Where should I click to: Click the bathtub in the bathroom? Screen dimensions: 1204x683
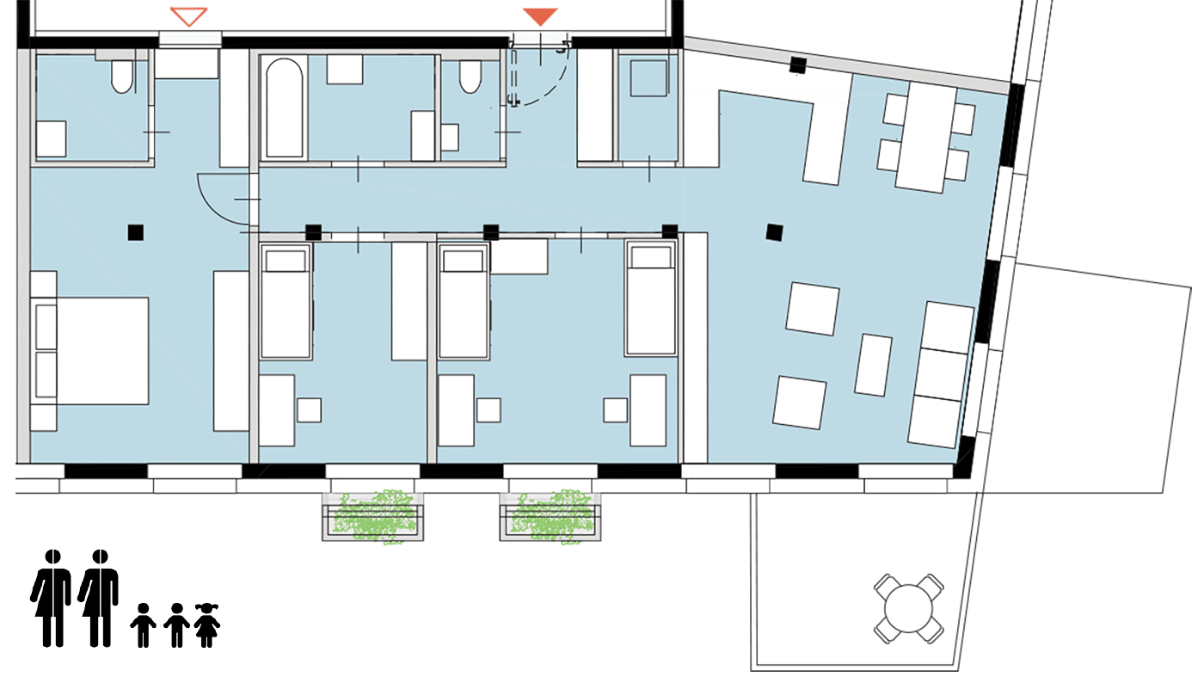284,108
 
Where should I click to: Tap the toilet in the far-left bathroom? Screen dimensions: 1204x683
122,76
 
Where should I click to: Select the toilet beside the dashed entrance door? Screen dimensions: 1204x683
470,77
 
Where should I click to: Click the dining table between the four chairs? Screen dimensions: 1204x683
925,138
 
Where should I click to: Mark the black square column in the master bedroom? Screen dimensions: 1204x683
135,232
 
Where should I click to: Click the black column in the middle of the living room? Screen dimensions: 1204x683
774,231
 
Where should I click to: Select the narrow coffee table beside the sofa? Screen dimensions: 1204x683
874,365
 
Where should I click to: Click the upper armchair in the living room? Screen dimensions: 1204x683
813,309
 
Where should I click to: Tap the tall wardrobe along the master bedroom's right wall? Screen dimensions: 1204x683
230,351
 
